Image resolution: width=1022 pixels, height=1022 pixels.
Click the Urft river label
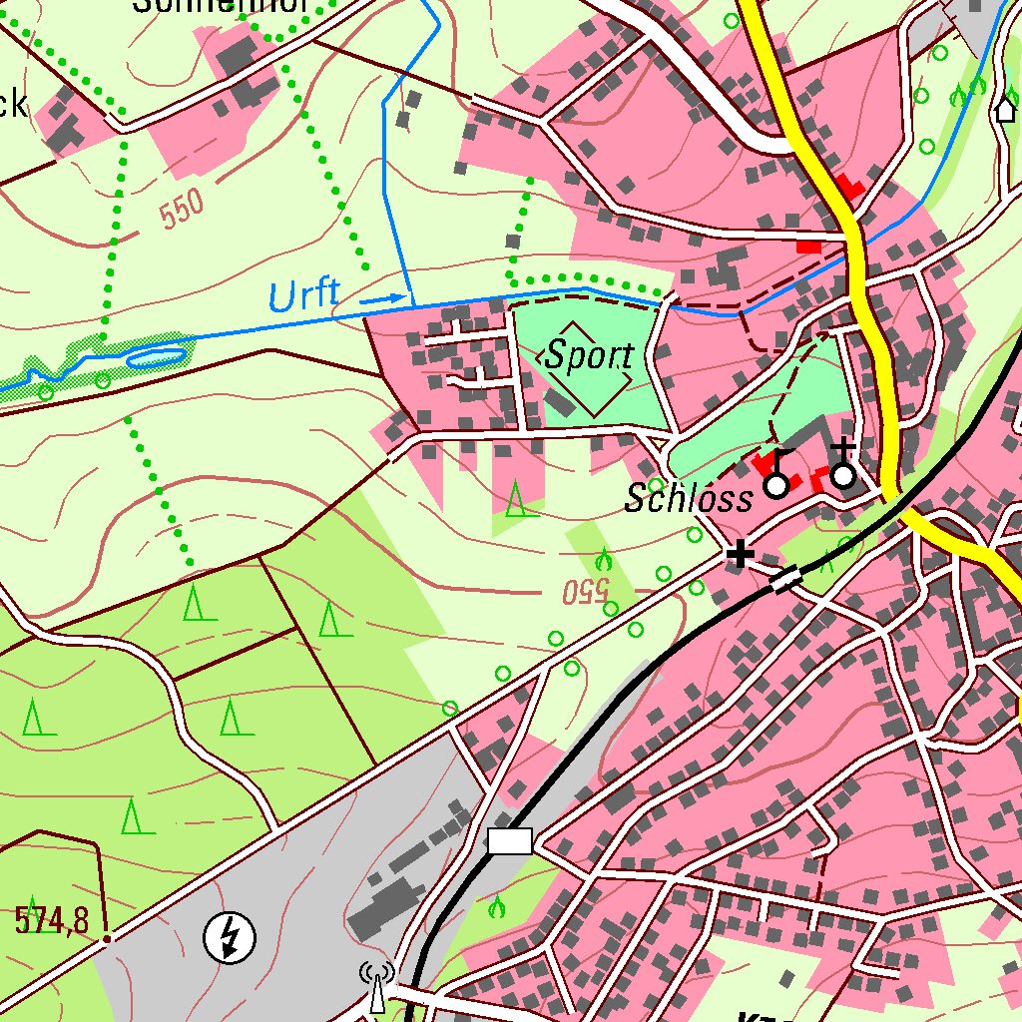[x=303, y=295]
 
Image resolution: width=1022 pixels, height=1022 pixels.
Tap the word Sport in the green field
[x=589, y=356]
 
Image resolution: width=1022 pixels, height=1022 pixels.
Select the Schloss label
[x=688, y=498]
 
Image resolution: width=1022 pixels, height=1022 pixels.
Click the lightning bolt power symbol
[x=230, y=937]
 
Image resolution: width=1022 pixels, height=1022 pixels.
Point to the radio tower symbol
[x=377, y=987]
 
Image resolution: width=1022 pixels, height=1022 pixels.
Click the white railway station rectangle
[x=510, y=841]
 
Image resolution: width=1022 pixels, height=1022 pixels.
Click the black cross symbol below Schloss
[x=740, y=554]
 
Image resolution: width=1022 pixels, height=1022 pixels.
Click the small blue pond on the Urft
[x=155, y=354]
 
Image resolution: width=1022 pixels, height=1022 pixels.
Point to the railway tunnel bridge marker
[x=786, y=579]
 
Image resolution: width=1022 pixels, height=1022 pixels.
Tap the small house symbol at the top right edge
[x=1005, y=108]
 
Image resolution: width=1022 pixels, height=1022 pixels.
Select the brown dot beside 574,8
[x=107, y=937]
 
